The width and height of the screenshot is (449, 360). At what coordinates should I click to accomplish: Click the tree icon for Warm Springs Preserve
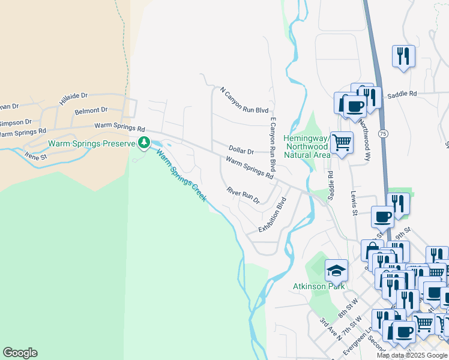click(x=143, y=143)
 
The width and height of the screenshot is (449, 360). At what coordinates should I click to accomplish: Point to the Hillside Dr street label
click(x=73, y=99)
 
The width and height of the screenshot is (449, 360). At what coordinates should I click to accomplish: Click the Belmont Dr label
click(x=91, y=110)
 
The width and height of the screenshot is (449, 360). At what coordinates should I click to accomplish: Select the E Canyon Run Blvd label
click(x=272, y=144)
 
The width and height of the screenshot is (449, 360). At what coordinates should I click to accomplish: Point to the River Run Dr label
click(x=243, y=195)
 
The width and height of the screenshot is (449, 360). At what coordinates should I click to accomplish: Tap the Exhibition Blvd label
click(x=273, y=217)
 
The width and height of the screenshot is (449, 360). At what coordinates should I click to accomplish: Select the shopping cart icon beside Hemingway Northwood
click(x=342, y=143)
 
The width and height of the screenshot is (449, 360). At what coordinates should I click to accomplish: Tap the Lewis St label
click(x=354, y=203)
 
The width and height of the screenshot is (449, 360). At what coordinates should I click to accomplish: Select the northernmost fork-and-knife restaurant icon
click(x=403, y=56)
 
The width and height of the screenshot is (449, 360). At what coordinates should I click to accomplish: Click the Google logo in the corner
click(x=20, y=353)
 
